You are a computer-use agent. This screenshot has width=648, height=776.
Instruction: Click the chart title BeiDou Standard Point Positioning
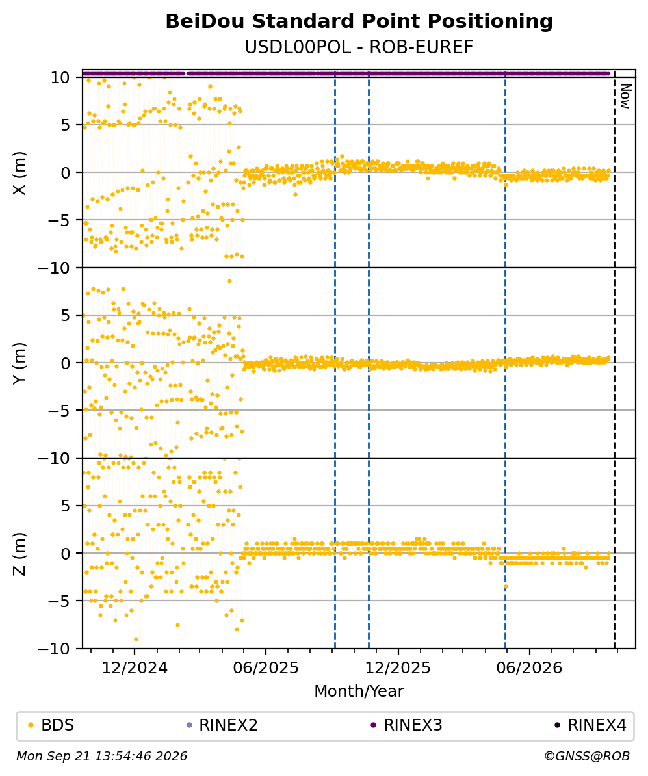tap(359, 22)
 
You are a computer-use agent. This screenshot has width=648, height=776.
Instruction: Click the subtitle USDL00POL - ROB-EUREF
tap(359, 47)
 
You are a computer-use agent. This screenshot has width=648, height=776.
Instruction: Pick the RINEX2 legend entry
tap(222, 725)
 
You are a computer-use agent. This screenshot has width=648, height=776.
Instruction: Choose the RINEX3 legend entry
tap(407, 725)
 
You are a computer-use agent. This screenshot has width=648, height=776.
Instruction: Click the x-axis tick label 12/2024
tap(135, 668)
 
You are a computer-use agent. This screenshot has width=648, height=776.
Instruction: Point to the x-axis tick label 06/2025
tap(266, 668)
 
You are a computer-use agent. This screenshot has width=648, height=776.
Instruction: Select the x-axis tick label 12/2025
tap(398, 668)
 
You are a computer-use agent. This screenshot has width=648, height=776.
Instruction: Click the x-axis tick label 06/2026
tap(529, 668)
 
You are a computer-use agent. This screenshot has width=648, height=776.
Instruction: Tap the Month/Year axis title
tap(359, 691)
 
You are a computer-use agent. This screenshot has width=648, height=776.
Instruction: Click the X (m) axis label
tap(19, 173)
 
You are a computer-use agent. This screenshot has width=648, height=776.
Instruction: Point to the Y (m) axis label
tap(19, 363)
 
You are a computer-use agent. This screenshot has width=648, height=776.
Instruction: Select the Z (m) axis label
tap(19, 554)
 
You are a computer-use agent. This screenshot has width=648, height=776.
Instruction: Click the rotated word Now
tap(626, 96)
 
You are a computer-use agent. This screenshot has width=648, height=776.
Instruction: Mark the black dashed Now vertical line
tap(614, 359)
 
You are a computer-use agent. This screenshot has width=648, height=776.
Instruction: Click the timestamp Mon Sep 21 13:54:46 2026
tap(102, 756)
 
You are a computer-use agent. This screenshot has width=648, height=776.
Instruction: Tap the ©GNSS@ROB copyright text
tap(587, 756)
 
